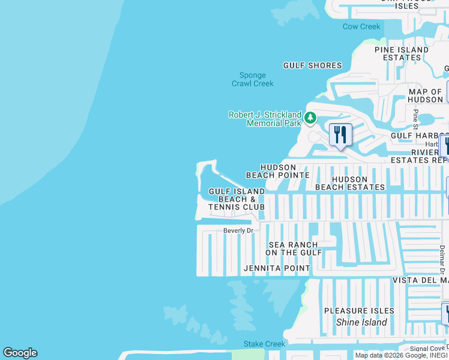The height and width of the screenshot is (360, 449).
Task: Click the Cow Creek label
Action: click(361, 26)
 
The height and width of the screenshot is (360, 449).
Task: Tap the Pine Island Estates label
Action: click(402, 54)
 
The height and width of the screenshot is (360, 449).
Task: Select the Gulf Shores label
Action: click(312, 65)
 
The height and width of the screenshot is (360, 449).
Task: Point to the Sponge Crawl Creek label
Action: click(253, 79)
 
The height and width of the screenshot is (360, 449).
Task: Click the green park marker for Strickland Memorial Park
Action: click(310, 118)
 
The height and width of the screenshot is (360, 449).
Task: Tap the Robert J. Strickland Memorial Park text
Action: click(265, 119)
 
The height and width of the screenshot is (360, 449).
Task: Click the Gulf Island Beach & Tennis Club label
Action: click(237, 199)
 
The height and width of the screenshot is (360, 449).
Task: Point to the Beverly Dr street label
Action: click(239, 230)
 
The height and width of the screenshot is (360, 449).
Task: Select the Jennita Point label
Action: click(277, 268)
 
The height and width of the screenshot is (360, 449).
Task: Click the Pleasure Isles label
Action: click(359, 311)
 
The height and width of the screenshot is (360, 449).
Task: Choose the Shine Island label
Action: click(361, 322)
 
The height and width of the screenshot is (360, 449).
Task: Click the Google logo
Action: click(20, 353)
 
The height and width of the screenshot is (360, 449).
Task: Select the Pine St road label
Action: click(415, 119)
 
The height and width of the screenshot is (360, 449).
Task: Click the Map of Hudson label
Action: click(425, 96)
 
